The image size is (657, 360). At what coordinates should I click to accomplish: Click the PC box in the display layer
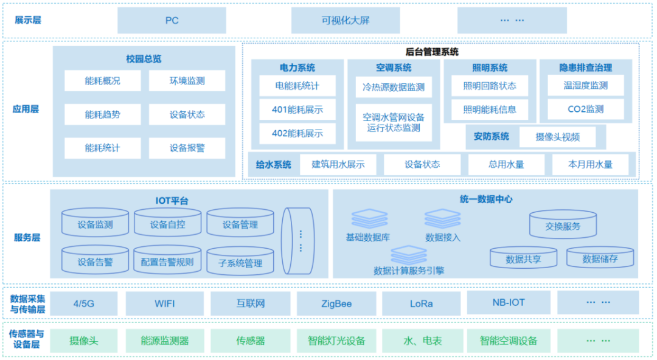[x=172, y=20]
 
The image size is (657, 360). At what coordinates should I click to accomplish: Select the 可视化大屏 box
[x=346, y=20]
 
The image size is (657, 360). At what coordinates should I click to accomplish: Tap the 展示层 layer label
[x=27, y=20]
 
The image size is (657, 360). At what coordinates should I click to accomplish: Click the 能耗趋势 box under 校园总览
[x=102, y=114]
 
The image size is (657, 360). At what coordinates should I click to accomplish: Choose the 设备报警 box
[x=187, y=148]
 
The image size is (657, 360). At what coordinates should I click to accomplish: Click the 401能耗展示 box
[x=297, y=110]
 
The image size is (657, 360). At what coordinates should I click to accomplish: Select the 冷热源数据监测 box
[x=394, y=87]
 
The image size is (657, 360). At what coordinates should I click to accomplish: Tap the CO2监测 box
[x=585, y=109]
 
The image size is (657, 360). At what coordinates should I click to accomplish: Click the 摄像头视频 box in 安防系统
[x=557, y=137]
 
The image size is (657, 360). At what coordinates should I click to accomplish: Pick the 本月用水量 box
[x=590, y=164]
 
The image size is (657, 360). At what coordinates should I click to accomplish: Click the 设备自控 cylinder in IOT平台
[x=167, y=224]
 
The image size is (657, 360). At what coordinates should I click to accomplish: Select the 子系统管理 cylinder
[x=240, y=261]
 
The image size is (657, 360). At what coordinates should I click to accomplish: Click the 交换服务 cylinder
[x=563, y=224]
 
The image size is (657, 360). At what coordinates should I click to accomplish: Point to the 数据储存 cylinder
[x=600, y=258]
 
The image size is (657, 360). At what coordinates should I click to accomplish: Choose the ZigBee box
[x=336, y=303]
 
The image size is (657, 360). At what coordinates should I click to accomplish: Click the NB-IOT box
[x=509, y=302]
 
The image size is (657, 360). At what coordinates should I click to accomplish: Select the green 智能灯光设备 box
[x=336, y=341]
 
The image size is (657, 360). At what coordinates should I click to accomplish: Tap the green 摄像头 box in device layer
[x=83, y=341]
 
